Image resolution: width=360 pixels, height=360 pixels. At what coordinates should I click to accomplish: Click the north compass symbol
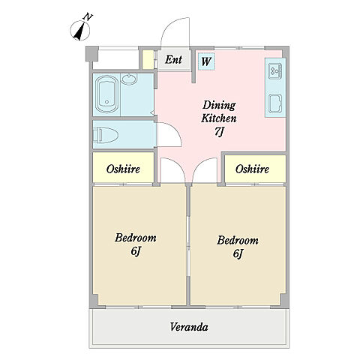[x=79, y=31]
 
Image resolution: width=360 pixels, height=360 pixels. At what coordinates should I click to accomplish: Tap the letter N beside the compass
[x=88, y=16]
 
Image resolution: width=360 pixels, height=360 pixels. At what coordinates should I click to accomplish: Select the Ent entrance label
[x=173, y=59]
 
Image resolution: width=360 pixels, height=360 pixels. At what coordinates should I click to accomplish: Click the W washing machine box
[x=206, y=61]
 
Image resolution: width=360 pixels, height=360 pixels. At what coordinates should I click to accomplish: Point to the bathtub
[x=106, y=94]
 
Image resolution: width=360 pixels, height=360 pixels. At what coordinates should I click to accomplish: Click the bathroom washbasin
[x=129, y=79]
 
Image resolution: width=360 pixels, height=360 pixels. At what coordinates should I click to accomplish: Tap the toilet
[x=106, y=135]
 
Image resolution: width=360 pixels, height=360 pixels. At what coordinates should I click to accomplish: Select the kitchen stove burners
[x=275, y=71]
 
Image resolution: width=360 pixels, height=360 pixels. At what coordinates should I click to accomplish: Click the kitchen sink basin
[x=275, y=103]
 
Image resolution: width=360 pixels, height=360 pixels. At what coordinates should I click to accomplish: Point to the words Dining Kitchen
[x=219, y=112]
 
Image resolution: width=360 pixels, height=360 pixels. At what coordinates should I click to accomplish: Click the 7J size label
[x=218, y=132]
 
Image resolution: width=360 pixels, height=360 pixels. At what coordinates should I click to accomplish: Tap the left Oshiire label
[x=123, y=169]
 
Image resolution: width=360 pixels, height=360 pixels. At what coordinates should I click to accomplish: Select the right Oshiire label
[x=252, y=169]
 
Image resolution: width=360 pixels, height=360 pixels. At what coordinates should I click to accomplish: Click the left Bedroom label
[x=136, y=238]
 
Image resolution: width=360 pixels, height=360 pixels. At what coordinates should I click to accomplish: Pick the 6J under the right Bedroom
[x=238, y=253]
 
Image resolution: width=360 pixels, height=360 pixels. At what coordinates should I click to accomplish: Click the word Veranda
[x=189, y=327]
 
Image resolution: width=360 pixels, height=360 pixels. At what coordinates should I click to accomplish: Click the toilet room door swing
[x=175, y=130]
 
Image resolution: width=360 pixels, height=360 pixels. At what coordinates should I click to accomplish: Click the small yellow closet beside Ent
[x=148, y=59]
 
